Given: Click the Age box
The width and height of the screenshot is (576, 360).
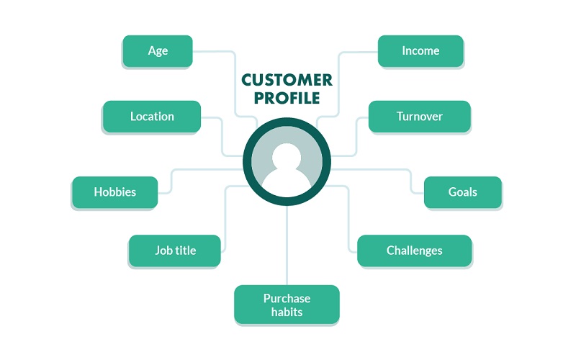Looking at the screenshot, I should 158,51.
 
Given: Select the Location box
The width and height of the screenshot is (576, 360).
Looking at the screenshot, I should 152,116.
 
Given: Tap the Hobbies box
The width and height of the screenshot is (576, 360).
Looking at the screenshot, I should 114,192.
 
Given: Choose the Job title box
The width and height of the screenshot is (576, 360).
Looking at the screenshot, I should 175,251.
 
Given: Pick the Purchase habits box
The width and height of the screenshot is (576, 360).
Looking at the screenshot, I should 287,305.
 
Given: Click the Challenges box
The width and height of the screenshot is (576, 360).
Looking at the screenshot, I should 414,251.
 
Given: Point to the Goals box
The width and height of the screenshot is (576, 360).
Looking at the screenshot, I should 462,192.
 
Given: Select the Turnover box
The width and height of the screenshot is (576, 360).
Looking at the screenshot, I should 419,116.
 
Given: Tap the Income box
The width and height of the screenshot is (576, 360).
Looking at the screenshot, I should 420,51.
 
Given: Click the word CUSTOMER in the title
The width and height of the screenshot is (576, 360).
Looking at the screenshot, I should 287,80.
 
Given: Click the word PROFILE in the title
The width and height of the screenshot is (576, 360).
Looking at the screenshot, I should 287,99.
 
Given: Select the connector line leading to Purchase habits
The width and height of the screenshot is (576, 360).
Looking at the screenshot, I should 287,245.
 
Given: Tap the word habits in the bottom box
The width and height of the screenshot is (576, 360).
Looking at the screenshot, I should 287,312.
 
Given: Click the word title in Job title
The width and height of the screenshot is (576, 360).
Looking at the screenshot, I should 185,251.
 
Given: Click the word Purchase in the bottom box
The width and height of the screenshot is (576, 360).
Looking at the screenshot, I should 287,298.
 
